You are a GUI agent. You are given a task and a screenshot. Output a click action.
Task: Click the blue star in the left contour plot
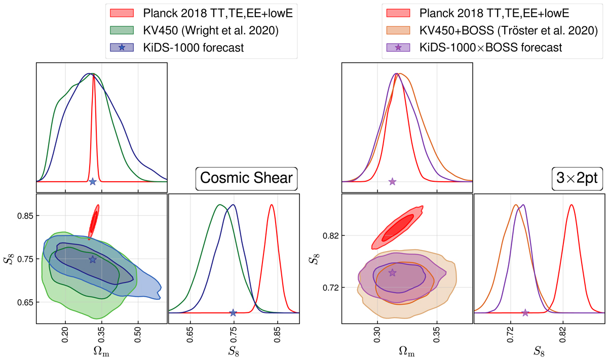point(92,260)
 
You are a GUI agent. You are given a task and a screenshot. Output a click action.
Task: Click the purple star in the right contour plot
point(392,273)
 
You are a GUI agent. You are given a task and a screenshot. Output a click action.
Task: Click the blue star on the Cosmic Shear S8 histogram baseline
point(233,313)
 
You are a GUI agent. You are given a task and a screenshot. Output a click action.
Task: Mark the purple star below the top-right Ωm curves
point(392,181)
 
